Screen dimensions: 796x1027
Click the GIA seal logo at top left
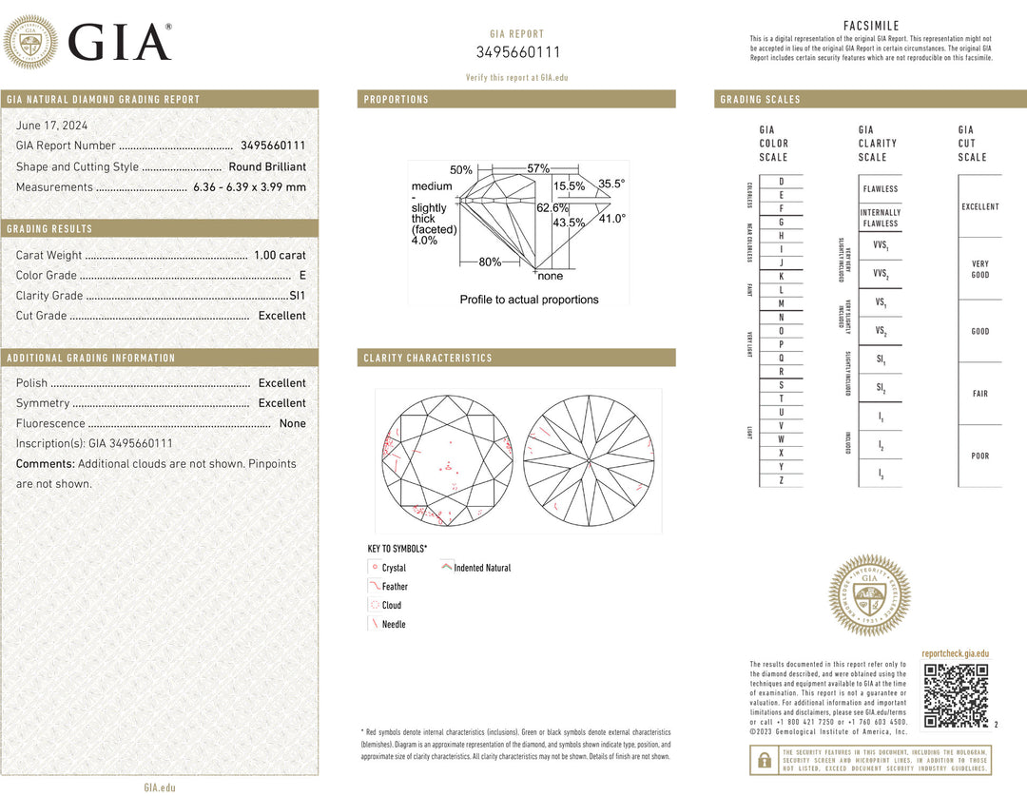(30, 42)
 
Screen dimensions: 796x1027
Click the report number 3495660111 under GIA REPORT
(517, 52)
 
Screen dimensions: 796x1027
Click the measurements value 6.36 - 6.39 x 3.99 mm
(249, 187)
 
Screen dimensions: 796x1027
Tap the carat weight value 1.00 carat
(280, 255)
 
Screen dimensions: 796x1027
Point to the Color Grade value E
(301, 276)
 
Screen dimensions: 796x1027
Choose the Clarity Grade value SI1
(298, 296)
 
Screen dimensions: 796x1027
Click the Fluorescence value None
(292, 423)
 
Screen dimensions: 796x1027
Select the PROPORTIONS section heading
(397, 99)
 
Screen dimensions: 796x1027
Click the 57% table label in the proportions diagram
(538, 168)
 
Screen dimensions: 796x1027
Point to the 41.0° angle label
(611, 219)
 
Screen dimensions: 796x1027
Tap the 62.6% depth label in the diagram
(552, 207)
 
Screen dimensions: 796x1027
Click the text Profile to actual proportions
(529, 300)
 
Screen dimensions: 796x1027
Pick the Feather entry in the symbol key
(395, 587)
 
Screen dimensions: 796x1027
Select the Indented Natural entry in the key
(482, 568)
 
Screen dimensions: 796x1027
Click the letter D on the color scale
(782, 181)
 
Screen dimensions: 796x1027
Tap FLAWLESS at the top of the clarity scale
(881, 189)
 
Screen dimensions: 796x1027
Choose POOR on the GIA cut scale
(979, 456)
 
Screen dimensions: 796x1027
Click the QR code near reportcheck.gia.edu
(955, 696)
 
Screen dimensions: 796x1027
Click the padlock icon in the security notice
(764, 760)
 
